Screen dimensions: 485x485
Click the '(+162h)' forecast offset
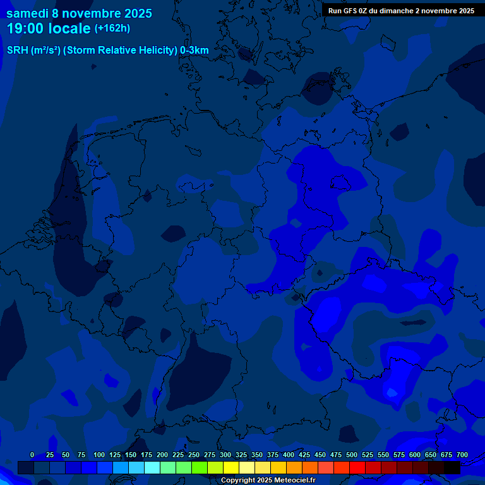tap(112, 28)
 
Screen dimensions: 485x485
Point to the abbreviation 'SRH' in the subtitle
tap(17, 51)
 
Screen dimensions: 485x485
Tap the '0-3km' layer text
tap(195, 51)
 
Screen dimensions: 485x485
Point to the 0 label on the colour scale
tap(32, 455)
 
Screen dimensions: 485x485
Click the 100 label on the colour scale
tap(99, 455)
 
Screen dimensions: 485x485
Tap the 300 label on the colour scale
tap(225, 455)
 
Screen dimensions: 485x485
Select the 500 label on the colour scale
tap(352, 455)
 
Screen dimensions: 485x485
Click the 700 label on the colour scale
tap(462, 455)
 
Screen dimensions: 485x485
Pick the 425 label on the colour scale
tap(304, 455)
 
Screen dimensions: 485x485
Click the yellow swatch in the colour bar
tap(231, 468)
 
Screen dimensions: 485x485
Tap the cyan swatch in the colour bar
tap(152, 468)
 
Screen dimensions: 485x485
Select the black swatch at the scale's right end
tap(452, 468)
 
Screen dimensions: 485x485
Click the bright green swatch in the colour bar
tap(200, 468)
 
